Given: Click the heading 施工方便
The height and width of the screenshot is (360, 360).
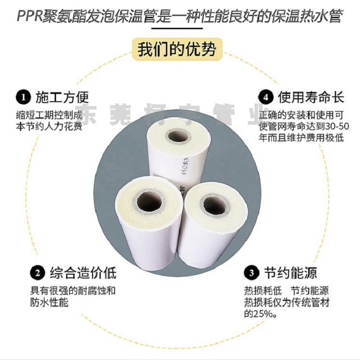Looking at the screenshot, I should pos(62,98).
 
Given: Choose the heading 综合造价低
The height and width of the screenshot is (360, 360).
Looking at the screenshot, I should pos(82,273).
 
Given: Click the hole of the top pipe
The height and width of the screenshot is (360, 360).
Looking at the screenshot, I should pos(178,137).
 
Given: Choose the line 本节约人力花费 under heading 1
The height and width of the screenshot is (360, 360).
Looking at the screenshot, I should pos(48,126).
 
